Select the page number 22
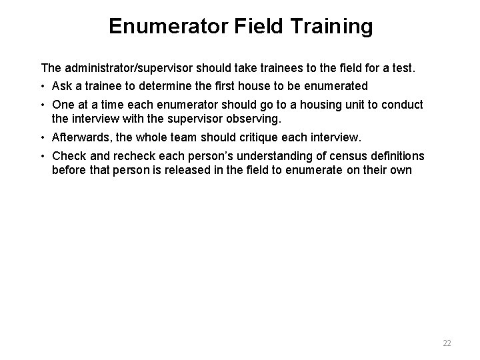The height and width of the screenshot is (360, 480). point(447,343)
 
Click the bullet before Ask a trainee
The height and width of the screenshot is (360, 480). point(43,85)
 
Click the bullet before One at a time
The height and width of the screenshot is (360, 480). point(43,105)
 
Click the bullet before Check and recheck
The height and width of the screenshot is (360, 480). point(43,156)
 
